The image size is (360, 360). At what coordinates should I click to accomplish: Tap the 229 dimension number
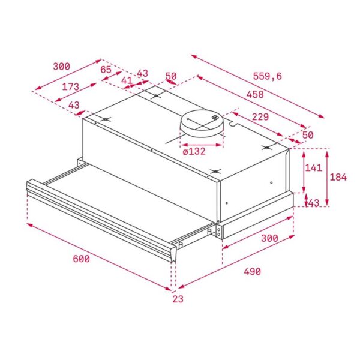[x=260, y=116]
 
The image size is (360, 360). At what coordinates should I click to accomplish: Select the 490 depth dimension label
[x=251, y=272]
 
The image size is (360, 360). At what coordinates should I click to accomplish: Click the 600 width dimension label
[x=81, y=259]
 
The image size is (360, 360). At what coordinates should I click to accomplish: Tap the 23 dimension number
[x=177, y=298]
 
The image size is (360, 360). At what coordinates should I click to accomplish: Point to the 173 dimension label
[x=70, y=87]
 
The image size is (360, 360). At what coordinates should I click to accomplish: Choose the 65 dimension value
[x=106, y=70]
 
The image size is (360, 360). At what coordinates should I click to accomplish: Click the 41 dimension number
[x=126, y=80]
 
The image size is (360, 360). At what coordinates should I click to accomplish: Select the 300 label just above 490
[x=269, y=238]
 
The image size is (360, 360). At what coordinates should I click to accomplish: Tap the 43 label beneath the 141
[x=313, y=203]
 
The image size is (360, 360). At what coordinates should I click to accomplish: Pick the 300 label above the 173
[x=61, y=66]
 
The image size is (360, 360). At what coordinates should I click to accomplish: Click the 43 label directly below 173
[x=73, y=106]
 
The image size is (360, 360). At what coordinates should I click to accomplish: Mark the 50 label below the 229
[x=308, y=135]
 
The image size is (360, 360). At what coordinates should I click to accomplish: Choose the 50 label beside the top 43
[x=171, y=76]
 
